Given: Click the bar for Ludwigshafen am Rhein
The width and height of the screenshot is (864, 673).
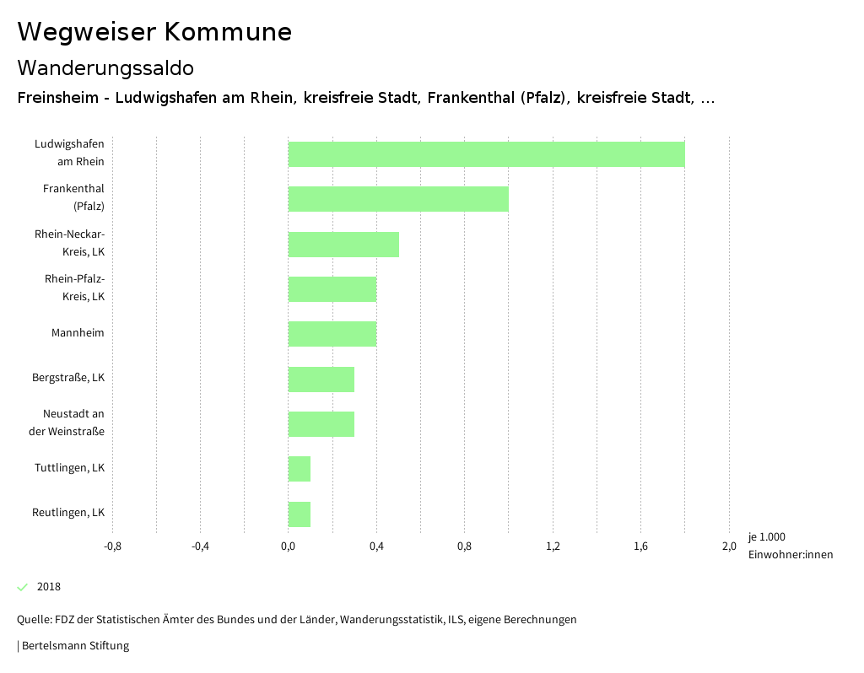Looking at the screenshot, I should pyautogui.click(x=486, y=154).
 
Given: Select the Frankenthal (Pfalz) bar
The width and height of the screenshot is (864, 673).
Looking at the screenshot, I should pyautogui.click(x=398, y=199).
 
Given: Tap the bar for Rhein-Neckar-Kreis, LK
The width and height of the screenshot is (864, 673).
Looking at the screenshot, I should pyautogui.click(x=343, y=245).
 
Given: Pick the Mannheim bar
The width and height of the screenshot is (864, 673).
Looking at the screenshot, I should pyautogui.click(x=332, y=334).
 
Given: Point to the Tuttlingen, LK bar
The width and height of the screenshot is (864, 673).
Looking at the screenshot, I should pyautogui.click(x=300, y=469).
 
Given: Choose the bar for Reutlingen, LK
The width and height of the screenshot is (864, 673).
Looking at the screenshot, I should pyautogui.click(x=300, y=514).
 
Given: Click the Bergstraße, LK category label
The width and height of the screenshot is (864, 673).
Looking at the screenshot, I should pyautogui.click(x=68, y=378).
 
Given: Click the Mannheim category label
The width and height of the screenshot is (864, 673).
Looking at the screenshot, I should pyautogui.click(x=78, y=333).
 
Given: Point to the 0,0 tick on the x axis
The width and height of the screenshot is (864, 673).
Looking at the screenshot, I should pyautogui.click(x=288, y=546).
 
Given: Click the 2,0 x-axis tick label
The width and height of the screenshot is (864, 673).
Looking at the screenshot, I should pyautogui.click(x=729, y=546).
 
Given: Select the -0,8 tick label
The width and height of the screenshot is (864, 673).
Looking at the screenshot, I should pyautogui.click(x=112, y=546).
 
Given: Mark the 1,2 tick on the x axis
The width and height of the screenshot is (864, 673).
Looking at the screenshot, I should pyautogui.click(x=553, y=546).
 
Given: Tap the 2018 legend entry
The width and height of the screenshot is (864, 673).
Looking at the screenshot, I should pyautogui.click(x=48, y=587).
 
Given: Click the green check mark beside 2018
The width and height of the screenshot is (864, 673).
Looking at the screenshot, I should pyautogui.click(x=23, y=587).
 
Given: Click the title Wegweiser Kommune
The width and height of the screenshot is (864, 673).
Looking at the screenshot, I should pyautogui.click(x=154, y=32).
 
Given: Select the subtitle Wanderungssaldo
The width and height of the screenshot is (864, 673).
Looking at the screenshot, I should pyautogui.click(x=105, y=67).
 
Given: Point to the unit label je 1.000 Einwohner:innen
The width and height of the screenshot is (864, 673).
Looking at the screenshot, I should pyautogui.click(x=790, y=546).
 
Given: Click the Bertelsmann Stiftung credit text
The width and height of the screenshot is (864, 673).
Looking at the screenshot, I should pyautogui.click(x=74, y=646).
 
